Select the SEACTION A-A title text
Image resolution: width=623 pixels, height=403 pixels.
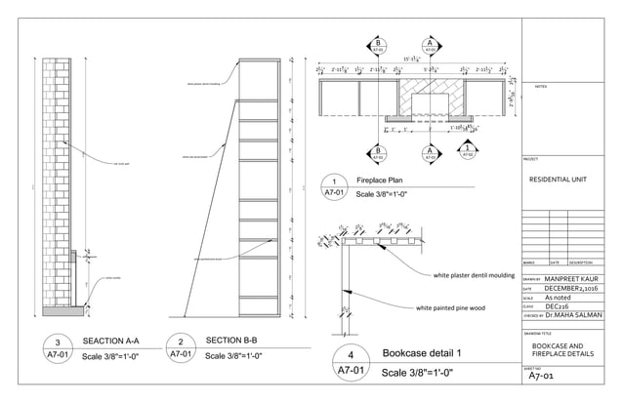[x=112, y=341]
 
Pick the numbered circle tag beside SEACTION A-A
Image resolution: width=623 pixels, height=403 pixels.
[x=58, y=349]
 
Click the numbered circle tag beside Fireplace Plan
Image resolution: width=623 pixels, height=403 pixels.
[x=334, y=187]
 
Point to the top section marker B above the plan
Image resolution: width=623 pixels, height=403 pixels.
[x=378, y=44]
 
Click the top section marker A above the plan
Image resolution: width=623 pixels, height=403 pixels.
[x=429, y=44]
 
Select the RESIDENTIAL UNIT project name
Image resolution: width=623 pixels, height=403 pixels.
[x=558, y=181]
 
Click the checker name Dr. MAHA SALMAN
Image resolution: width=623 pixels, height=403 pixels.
[x=573, y=314]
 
